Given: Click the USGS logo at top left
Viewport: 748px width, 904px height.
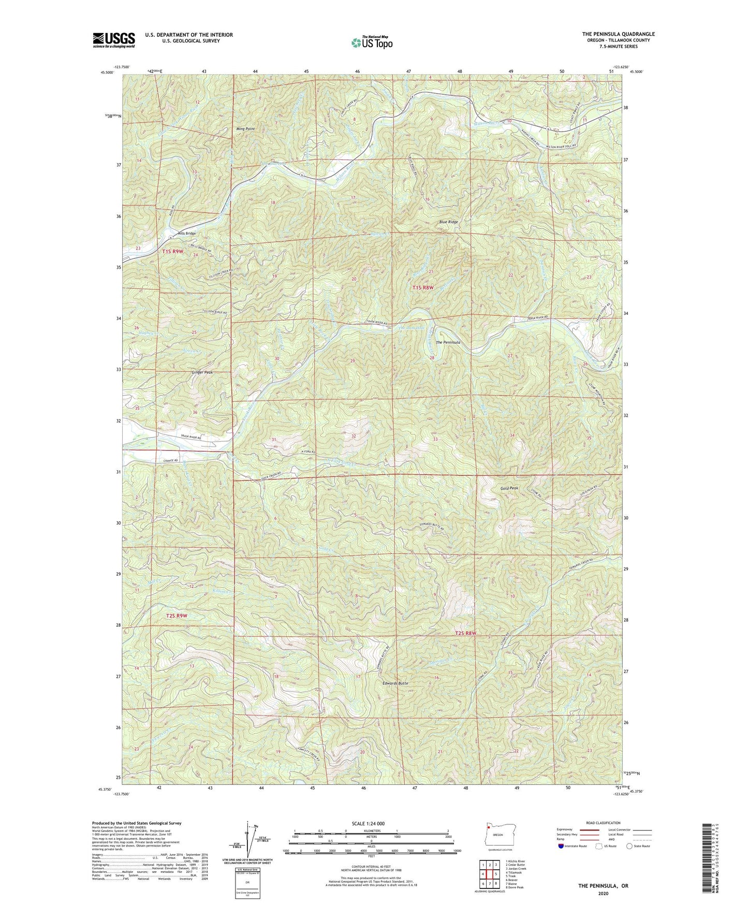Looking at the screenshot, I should [113, 40].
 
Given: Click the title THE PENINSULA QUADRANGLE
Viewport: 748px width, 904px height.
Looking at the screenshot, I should [618, 34].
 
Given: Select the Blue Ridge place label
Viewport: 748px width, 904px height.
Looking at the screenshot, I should [448, 222].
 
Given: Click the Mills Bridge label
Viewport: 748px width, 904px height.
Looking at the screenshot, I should [186, 234].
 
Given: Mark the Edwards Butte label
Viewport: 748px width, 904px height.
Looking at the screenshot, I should [395, 683].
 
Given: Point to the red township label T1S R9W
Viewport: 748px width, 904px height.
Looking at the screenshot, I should [173, 251].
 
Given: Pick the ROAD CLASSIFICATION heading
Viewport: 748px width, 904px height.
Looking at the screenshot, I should [603, 823].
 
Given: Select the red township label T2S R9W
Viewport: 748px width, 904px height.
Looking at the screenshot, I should [177, 616].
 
